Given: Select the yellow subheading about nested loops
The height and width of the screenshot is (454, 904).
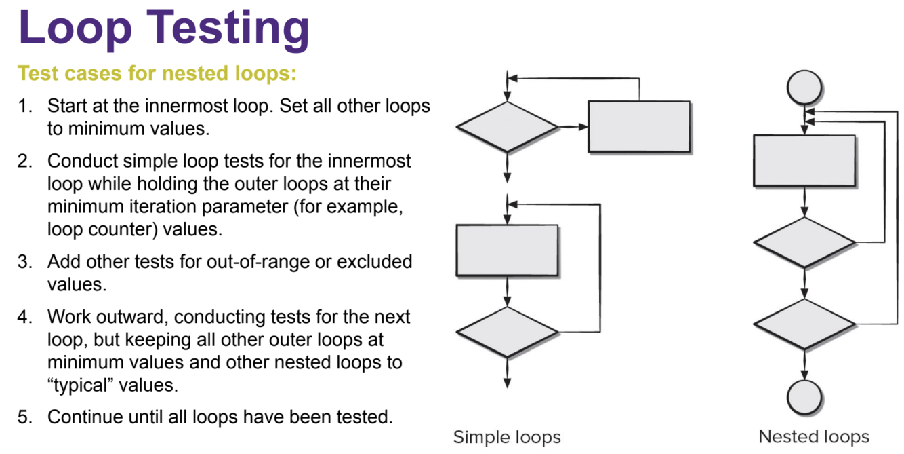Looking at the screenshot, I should (157, 73).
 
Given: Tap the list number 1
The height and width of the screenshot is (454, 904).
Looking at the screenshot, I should (24, 107).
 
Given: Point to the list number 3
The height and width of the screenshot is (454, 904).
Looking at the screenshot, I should (24, 261).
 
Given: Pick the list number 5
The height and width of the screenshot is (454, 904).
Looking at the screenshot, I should (24, 417).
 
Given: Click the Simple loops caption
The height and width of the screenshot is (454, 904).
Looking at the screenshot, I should (507, 436).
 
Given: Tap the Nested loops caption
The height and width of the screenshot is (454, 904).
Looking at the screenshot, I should (813, 436).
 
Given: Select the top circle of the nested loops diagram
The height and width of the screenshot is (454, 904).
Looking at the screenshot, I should (804, 88).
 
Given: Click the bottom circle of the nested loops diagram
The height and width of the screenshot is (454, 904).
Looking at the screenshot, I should (804, 396).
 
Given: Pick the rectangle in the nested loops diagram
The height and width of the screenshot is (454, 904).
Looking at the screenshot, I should (804, 160).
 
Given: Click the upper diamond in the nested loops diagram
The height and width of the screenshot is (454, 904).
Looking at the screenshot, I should (804, 242).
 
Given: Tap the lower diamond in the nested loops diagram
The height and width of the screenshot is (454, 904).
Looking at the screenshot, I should (804, 324).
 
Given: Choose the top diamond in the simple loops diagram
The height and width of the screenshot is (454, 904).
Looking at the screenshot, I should (507, 127).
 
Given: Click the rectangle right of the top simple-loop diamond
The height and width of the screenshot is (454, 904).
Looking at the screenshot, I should (639, 126).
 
